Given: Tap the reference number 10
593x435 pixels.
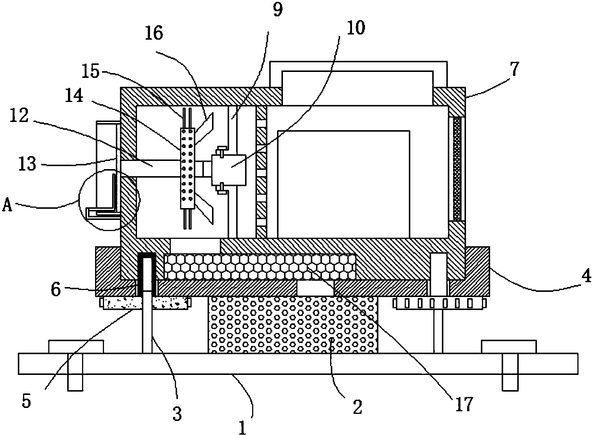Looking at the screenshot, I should point(355,28).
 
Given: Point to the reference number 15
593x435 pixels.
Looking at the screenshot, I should point(91,72).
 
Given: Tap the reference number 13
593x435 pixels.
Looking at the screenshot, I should point(27,163).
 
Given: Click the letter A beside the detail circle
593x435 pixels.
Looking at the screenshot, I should point(7,204).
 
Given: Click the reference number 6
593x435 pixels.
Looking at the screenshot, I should point(55,290).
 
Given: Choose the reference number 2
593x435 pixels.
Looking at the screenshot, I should point(357,407).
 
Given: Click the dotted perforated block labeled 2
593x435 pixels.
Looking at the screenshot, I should point(293,325).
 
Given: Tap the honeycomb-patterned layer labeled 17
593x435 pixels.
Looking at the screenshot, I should point(260,267).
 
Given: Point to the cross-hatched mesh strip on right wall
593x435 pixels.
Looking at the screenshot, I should point(457,169).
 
